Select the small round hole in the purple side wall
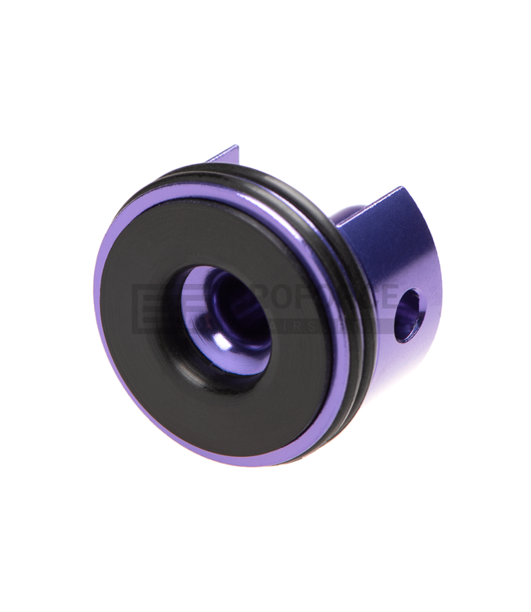(408, 316)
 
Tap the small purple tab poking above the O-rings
(224, 155)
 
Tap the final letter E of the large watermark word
(390, 298)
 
